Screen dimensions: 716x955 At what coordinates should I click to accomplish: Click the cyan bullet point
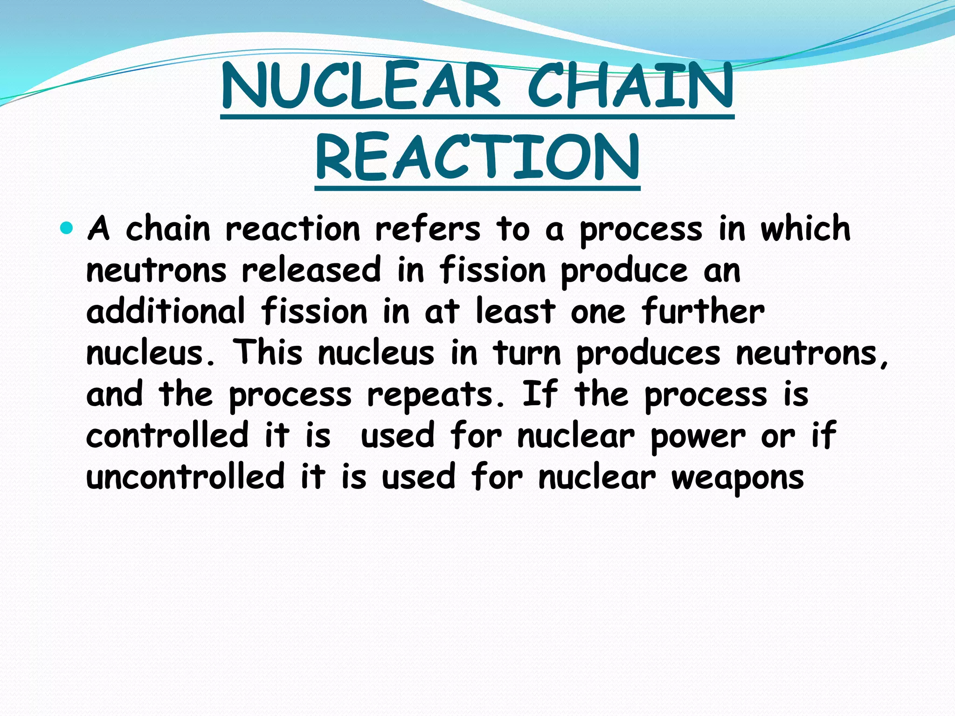pyautogui.click(x=67, y=228)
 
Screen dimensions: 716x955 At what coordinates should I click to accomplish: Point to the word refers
pyautogui.click(x=427, y=229)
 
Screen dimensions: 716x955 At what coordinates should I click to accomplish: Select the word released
pyautogui.click(x=311, y=270)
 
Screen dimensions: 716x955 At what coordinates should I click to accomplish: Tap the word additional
pyautogui.click(x=166, y=311)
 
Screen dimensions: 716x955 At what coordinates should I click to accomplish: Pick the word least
pyautogui.click(x=515, y=311)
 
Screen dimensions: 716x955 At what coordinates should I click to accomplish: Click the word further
pyautogui.click(x=703, y=311)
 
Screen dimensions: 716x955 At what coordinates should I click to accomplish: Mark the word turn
pyautogui.click(x=527, y=353)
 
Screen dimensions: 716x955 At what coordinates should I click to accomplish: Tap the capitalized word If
pyautogui.click(x=540, y=394)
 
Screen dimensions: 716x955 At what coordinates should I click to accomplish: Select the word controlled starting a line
pyautogui.click(x=167, y=435)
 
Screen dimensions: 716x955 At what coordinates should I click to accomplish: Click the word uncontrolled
pyautogui.click(x=186, y=476)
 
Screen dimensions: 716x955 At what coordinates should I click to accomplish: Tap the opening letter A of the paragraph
pyautogui.click(x=99, y=229)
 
